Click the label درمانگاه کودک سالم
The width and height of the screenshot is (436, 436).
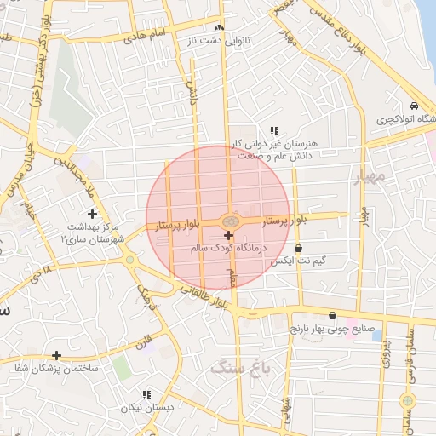coord(232,247)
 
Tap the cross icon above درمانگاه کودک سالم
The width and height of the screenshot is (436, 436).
coord(228,234)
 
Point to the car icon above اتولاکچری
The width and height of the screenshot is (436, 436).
coord(413,106)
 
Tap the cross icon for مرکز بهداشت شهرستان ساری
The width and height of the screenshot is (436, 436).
coord(92,214)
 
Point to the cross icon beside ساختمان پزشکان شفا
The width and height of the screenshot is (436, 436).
coord(56,355)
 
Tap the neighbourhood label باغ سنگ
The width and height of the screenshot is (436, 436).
coord(239,368)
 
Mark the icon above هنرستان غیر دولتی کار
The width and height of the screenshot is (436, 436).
coord(274,130)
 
